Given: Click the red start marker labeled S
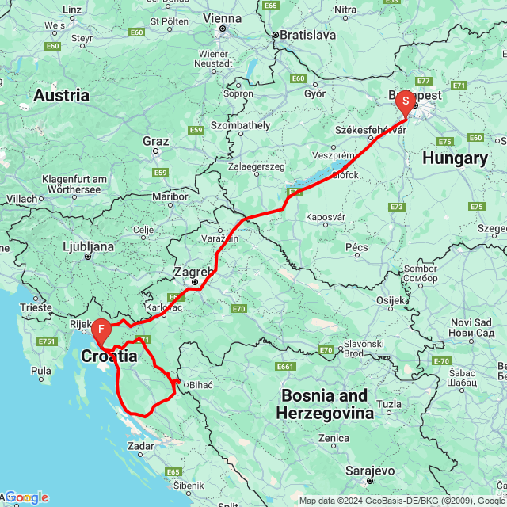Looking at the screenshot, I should (405, 101).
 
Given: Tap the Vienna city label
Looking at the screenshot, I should (222, 17).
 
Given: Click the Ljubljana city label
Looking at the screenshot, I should (88, 246).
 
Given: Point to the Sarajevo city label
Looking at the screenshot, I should (370, 470).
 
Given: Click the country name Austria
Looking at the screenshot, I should (61, 96).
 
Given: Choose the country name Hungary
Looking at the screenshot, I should (454, 158).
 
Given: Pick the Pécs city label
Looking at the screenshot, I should (357, 247).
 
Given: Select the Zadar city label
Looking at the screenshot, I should (145, 446).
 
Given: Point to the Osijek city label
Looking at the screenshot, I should (390, 300).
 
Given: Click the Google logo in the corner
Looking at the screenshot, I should (27, 497).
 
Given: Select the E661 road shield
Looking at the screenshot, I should (287, 367).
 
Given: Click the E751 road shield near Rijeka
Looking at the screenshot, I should (46, 341).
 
